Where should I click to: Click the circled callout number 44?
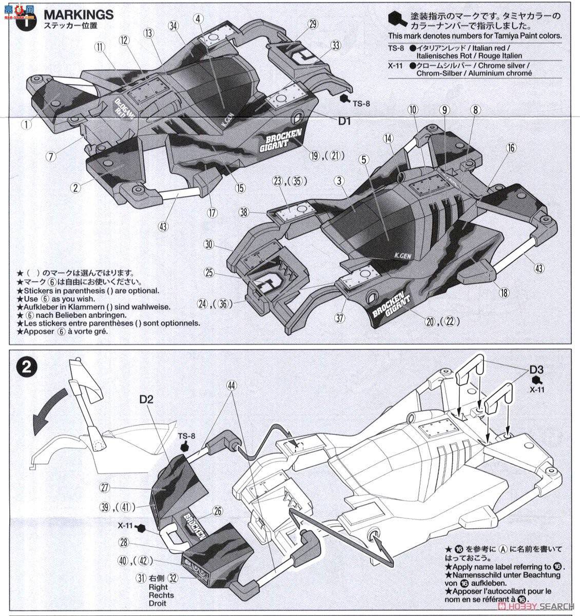pos(232,385)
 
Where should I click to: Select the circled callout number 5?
pos(364,160)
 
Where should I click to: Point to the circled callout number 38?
pos(244,211)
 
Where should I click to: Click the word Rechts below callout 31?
pos(161,595)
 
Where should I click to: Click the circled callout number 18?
pos(505,293)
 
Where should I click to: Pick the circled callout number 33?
pos(335,46)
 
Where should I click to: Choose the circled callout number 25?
pos(209,272)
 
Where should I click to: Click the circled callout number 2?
pos(76,187)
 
